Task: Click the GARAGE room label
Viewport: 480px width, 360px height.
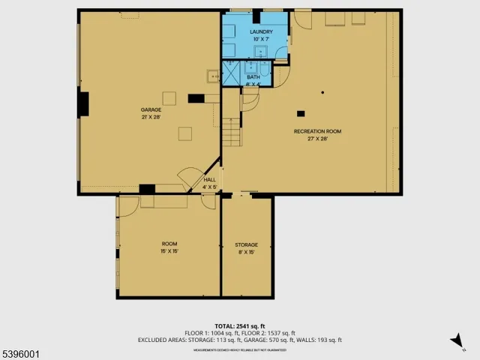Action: tap(151, 109)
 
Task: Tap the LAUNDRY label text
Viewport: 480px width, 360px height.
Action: tap(260, 32)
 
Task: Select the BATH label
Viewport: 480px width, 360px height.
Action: tap(253, 76)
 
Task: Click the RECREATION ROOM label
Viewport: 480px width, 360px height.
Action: tap(317, 131)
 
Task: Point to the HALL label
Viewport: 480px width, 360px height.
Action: tap(209, 180)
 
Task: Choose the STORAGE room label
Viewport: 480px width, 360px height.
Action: tap(246, 245)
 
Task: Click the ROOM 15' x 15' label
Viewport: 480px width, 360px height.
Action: tap(169, 244)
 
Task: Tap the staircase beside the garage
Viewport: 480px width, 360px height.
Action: tap(232, 136)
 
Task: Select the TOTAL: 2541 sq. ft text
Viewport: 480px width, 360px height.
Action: tap(240, 325)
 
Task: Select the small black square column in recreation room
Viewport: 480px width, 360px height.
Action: tap(301, 113)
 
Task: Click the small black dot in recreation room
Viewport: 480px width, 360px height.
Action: tap(322, 92)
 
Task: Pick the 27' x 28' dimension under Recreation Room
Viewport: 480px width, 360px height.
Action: tap(317, 139)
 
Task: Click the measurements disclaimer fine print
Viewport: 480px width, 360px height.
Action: tap(240, 349)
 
